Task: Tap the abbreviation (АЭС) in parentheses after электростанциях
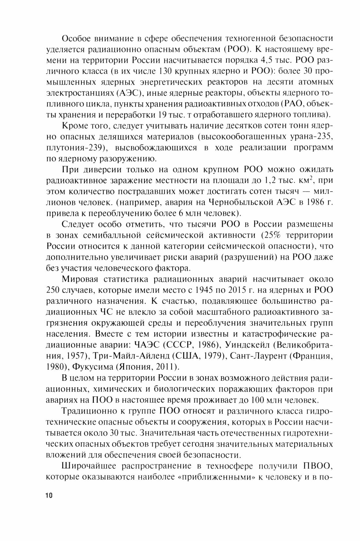pyautogui.click(x=129, y=93)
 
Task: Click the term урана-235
pyautogui.click(x=313, y=137)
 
